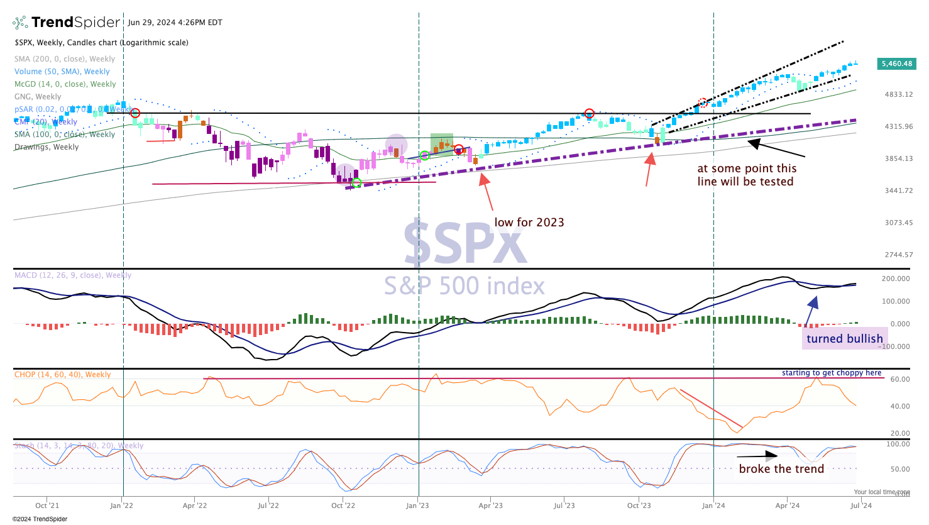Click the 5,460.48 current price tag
pos(897,64)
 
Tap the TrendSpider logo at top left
pos(67,23)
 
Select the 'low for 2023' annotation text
pos(529,222)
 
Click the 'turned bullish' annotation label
pos(844,339)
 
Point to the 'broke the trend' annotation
pos(781,469)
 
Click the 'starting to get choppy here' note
pos(832,373)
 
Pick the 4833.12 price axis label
pos(899,94)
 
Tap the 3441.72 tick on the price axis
pos(899,191)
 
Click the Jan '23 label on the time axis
pos(417,506)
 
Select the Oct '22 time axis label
pos(343,506)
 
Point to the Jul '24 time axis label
pos(860,506)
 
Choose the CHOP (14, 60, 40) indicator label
pos(63,375)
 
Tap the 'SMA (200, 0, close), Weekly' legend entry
pos(65,59)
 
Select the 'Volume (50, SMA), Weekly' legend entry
pos(62,72)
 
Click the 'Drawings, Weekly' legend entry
pos(47,147)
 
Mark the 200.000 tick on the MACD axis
pos(896,279)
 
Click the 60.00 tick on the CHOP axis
pos(900,379)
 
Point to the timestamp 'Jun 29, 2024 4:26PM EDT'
pos(175,23)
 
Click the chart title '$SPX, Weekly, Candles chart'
pos(101,43)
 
